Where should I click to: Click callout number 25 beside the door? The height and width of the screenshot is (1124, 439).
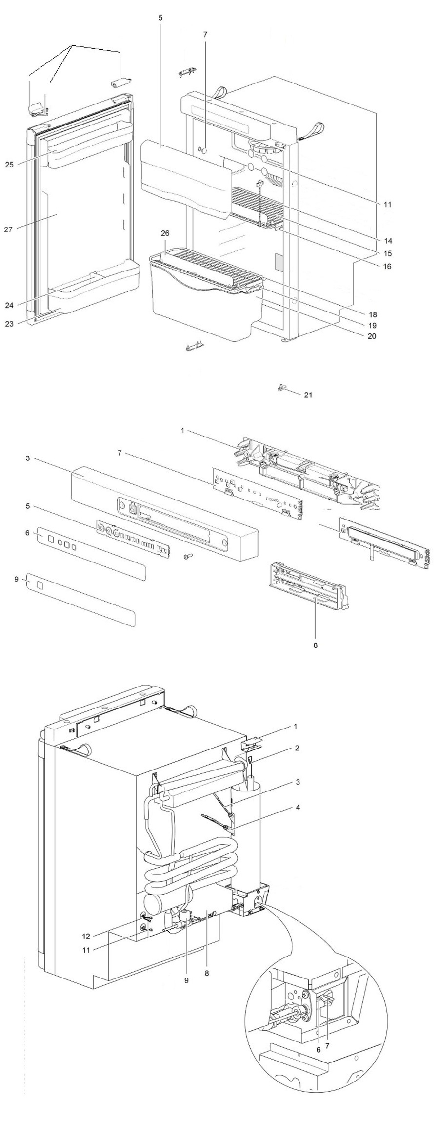click(9, 165)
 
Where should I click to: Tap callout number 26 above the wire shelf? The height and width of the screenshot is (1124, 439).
click(165, 234)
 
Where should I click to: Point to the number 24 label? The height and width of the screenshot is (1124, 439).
click(9, 306)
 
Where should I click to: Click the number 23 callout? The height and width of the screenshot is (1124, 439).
click(9, 323)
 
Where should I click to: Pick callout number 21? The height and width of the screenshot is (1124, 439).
click(308, 395)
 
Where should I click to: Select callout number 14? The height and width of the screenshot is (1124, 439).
click(387, 241)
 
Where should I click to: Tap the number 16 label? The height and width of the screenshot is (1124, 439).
click(387, 267)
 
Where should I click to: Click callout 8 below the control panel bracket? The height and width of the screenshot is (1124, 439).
click(315, 645)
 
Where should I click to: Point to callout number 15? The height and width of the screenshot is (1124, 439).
click(387, 253)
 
